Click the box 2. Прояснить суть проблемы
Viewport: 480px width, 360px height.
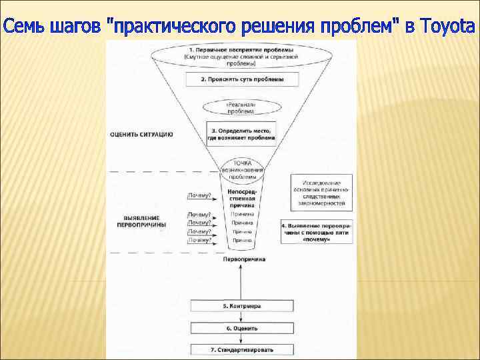(241, 79)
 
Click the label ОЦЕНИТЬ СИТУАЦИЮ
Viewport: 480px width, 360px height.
(141, 134)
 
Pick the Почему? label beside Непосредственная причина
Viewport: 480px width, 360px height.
(199, 195)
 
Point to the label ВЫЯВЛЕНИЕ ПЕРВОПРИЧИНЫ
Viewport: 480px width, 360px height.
(145, 222)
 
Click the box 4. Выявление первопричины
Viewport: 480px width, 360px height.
(321, 232)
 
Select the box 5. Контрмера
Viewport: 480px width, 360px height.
(241, 306)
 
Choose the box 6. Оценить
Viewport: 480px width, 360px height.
(241, 328)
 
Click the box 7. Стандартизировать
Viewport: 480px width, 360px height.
(241, 349)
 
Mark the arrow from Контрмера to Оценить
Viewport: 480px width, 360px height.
(241, 317)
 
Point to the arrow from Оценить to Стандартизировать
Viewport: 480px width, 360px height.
(241, 339)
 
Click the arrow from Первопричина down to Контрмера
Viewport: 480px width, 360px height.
(241, 280)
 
